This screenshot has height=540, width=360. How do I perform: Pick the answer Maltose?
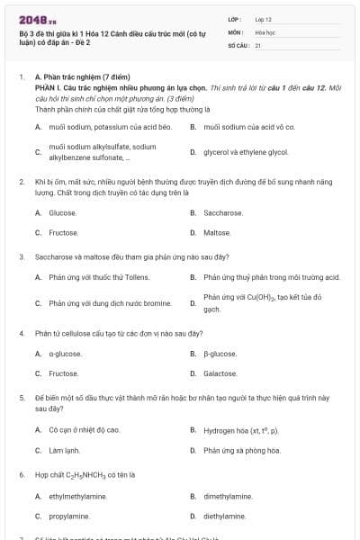pyautogui.click(x=217, y=233)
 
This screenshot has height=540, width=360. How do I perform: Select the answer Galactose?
pyautogui.click(x=220, y=373)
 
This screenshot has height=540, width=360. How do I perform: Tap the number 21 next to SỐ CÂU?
pyautogui.click(x=258, y=44)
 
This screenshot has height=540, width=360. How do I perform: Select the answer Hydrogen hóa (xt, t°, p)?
pyautogui.click(x=240, y=430)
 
